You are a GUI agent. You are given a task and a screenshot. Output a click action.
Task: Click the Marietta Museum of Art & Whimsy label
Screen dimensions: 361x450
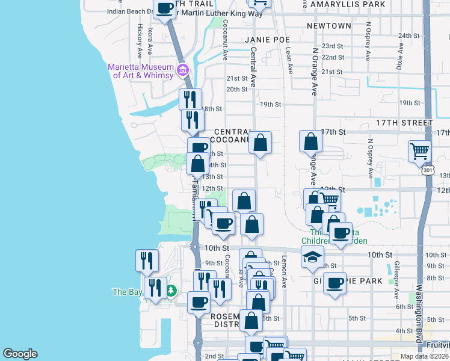(x=140, y=71)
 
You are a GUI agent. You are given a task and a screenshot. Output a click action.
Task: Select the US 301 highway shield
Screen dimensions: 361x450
(x=428, y=170)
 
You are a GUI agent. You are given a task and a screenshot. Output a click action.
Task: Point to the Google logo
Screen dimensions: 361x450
(x=20, y=354)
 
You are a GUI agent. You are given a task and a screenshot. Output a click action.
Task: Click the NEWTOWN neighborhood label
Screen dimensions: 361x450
(x=328, y=26)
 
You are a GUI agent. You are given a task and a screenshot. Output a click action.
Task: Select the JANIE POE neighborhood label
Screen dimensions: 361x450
(x=267, y=40)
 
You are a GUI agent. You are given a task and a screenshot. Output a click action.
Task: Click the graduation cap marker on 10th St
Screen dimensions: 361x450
(x=312, y=257)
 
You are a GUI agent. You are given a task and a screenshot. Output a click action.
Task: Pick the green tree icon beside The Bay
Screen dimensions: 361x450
(x=171, y=292)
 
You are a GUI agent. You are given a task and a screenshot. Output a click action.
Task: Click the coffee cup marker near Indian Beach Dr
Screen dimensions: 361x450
(x=165, y=8)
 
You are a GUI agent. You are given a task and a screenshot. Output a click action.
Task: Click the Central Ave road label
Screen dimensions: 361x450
(x=253, y=67)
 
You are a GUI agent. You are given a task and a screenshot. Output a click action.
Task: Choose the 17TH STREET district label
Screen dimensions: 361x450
(x=404, y=122)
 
